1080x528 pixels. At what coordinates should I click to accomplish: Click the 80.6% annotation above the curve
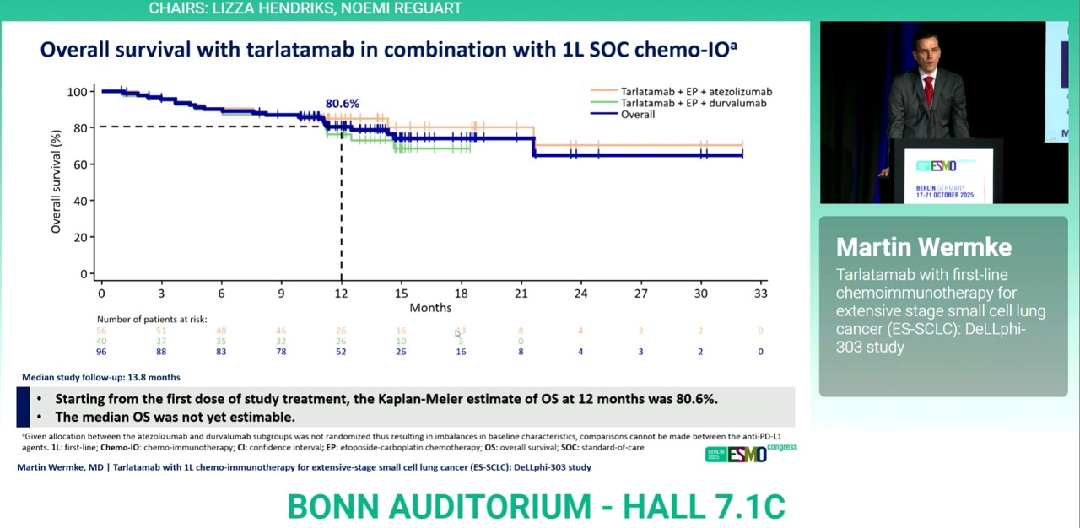[342, 104]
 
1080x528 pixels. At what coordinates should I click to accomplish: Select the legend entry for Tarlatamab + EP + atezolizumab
[696, 91]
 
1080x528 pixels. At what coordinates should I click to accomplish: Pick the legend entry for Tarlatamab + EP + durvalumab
[694, 103]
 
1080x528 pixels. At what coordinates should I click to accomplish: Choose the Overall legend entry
[637, 114]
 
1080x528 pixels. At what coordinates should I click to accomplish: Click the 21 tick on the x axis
[521, 293]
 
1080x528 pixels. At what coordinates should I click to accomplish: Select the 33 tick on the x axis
[760, 293]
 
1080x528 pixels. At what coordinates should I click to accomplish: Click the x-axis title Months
[430, 308]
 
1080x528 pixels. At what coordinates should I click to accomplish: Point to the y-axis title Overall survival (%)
[57, 181]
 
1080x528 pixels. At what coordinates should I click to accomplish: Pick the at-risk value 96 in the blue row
[101, 352]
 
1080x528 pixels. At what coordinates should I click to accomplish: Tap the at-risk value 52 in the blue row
[341, 352]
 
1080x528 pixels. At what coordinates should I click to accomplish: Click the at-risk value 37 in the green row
[161, 342]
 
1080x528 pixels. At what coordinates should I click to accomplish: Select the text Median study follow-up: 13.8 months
[100, 377]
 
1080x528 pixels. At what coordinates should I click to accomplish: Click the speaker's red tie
[928, 89]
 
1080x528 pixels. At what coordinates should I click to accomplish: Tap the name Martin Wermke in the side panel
[923, 247]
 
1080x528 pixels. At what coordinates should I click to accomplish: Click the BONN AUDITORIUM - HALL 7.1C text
[536, 506]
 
